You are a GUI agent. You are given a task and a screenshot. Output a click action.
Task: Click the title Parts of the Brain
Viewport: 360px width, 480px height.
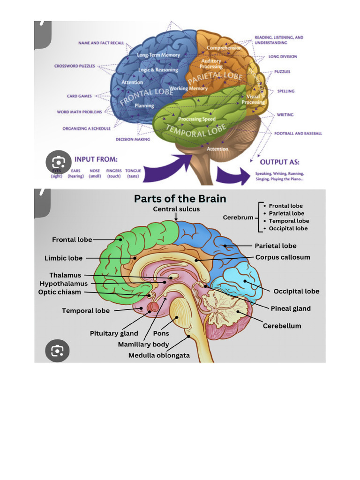pos(180,198)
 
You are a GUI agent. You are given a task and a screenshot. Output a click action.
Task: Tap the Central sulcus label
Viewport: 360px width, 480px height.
pos(176,209)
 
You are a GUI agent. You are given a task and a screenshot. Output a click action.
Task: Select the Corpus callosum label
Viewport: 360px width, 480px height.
pos(282,257)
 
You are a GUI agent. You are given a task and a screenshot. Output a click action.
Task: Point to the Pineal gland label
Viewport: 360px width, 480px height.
pos(291,308)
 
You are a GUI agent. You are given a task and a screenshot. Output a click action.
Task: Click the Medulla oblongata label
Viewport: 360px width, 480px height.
pos(159,355)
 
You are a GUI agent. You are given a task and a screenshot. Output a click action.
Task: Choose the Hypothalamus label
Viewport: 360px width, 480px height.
pos(63,284)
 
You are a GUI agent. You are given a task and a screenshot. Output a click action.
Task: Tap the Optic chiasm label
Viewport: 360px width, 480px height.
pos(60,292)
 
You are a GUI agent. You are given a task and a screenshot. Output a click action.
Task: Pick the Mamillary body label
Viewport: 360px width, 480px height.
pos(143,345)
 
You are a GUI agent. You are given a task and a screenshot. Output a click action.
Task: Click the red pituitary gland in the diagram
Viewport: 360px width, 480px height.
pos(153,307)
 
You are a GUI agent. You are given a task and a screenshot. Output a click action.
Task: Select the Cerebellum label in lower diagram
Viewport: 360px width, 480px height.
pos(282,326)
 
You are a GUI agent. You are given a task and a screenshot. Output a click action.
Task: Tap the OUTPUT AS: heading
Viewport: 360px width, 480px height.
pos(280,162)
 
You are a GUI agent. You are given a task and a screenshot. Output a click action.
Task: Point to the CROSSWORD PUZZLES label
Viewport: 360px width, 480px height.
pos(74,66)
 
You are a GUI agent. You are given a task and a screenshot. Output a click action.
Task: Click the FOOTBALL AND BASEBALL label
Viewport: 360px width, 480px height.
pos(298,134)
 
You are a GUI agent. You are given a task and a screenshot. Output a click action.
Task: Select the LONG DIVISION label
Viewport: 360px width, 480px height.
pos(282,57)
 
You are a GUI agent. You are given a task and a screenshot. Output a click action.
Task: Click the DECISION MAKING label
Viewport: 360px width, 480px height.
pos(133,139)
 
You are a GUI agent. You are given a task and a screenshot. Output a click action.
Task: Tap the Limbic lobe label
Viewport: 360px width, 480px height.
pos(63,258)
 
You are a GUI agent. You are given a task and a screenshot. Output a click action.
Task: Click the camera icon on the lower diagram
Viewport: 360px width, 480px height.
pos(58,351)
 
